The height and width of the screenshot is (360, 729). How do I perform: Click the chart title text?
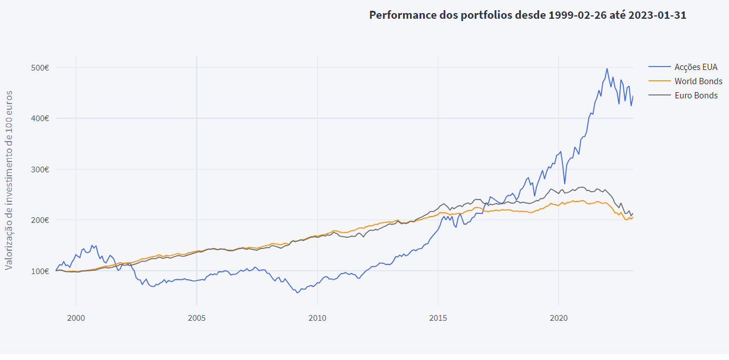(x=527, y=15)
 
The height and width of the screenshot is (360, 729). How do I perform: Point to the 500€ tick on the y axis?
(x=40, y=68)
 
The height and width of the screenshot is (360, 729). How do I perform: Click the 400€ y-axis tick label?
(x=40, y=118)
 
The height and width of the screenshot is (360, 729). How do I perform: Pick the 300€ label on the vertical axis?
(x=40, y=169)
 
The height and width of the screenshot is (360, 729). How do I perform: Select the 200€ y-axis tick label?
(x=40, y=220)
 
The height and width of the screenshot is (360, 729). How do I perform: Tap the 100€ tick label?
(x=40, y=271)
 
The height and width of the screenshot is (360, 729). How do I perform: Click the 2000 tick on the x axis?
(x=76, y=317)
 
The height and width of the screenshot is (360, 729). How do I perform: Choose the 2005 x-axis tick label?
(x=196, y=317)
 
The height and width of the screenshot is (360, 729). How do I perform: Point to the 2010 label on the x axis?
(x=317, y=317)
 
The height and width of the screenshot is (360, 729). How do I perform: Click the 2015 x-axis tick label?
(x=438, y=317)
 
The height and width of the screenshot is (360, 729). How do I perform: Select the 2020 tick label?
(x=558, y=317)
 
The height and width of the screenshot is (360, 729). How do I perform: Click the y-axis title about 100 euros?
(x=9, y=180)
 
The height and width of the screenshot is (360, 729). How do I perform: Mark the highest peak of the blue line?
(x=607, y=69)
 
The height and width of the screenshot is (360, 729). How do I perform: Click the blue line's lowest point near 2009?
(x=297, y=292)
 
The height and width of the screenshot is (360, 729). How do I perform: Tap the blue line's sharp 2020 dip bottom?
(x=565, y=184)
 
